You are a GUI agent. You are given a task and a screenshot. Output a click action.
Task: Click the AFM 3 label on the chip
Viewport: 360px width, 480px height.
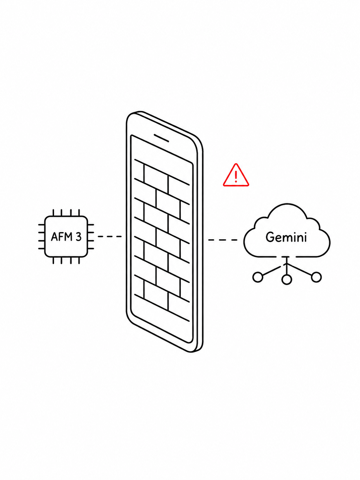(66, 237)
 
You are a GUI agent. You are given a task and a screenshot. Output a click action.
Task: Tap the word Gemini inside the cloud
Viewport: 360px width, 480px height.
(286, 237)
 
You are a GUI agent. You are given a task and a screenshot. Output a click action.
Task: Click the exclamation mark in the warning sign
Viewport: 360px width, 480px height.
(236, 177)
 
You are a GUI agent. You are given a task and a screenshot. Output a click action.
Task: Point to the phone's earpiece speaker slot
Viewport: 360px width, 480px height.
(161, 138)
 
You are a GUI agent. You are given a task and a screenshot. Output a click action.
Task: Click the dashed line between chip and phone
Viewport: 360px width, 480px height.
(109, 236)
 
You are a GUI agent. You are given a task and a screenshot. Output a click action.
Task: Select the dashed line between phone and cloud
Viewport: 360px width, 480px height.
(222, 240)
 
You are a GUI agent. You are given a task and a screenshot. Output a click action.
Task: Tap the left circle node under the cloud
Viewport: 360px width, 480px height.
(258, 277)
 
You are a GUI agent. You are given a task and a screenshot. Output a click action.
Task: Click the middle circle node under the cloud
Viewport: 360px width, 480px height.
(286, 279)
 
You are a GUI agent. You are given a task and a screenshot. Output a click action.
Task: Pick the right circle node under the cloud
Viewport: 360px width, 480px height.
(316, 277)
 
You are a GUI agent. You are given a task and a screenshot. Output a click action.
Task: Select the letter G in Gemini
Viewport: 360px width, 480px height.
(270, 237)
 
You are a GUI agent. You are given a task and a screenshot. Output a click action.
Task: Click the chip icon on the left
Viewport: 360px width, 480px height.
(66, 237)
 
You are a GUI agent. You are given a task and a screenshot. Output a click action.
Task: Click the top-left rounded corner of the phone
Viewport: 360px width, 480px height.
(129, 117)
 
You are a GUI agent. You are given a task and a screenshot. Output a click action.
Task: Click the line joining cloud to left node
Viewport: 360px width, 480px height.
(271, 270)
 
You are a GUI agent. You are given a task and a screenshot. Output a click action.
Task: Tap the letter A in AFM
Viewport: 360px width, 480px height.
(54, 237)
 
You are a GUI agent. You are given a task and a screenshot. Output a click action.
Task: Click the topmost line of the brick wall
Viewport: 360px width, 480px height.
(162, 172)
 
